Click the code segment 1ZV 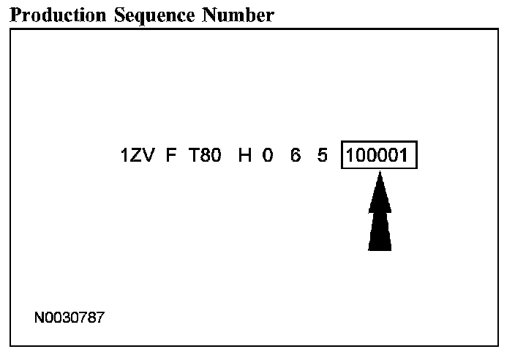coord(137,156)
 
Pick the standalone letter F coord(170,156)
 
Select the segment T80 coord(205,156)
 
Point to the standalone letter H coord(245,156)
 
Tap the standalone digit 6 coord(296,156)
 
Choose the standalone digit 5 coord(323,156)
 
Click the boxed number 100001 coord(379,156)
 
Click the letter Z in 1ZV coord(137,156)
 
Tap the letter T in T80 coord(194,156)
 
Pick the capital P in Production coord(16,15)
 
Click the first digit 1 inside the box coord(350,156)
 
